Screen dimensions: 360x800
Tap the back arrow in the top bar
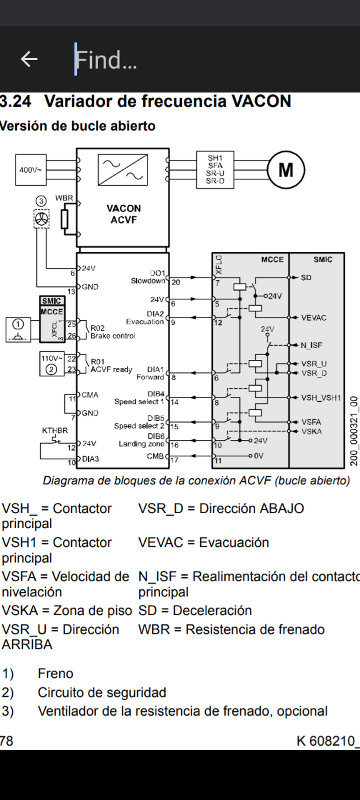coord(29,59)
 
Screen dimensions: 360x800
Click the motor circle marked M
coord(286,169)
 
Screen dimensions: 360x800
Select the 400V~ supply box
coord(31,169)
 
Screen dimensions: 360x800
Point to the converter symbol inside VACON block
coord(123,169)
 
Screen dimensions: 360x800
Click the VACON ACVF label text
coord(124,214)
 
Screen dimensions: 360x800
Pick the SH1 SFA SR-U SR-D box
coord(215,169)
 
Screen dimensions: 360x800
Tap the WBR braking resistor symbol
coord(64,219)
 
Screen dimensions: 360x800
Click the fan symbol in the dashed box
coord(41,219)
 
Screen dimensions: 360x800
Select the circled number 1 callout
coord(18,324)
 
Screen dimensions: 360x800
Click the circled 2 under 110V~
coord(51,369)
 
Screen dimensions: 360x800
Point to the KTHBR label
coord(55,431)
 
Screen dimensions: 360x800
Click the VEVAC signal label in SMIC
coord(314,317)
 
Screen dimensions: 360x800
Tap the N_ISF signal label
coord(311,345)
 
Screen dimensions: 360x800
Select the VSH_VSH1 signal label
coord(321,397)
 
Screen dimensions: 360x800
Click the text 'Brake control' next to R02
coord(112,336)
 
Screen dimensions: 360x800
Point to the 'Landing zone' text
coord(141,444)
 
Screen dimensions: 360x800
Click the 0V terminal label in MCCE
coord(259,456)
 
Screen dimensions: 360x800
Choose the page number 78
coord(6,741)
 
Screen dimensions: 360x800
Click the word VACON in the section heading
coord(261,101)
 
